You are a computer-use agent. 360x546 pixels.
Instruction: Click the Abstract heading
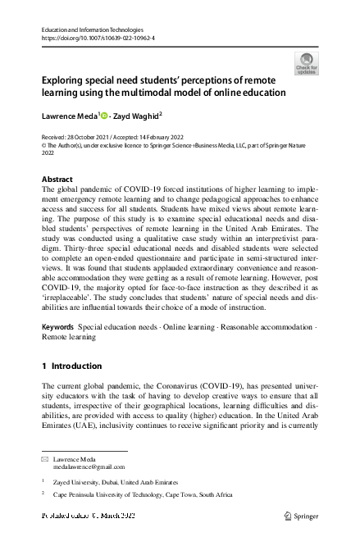(57, 179)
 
